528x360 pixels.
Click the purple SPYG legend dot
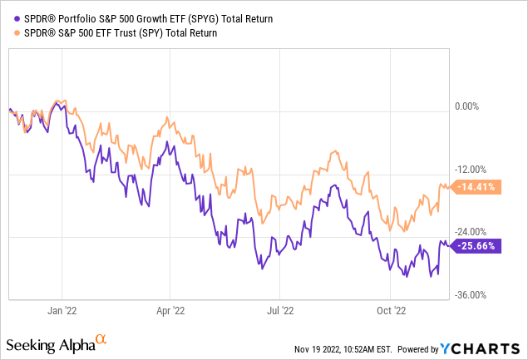pyautogui.click(x=9, y=17)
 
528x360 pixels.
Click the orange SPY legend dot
pyautogui.click(x=9, y=33)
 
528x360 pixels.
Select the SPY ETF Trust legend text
pyautogui.click(x=116, y=33)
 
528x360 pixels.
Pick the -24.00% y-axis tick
pyautogui.click(x=471, y=232)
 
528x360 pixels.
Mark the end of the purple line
pyautogui.click(x=448, y=244)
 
